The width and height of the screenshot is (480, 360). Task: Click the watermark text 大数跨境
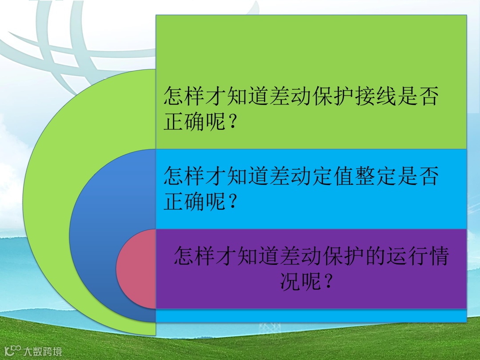[43, 352]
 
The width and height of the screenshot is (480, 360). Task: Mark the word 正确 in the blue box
[184, 203]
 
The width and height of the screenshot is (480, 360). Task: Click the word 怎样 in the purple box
[195, 257]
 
